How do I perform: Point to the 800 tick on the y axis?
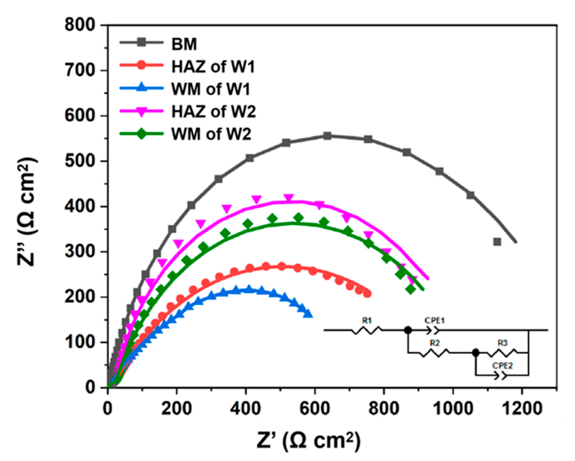click(80, 26)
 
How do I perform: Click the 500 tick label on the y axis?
click(80, 161)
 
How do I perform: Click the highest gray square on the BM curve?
click(327, 136)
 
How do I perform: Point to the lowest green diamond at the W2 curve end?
click(411, 289)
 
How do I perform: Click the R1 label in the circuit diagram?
click(367, 321)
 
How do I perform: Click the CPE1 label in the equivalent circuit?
click(435, 320)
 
